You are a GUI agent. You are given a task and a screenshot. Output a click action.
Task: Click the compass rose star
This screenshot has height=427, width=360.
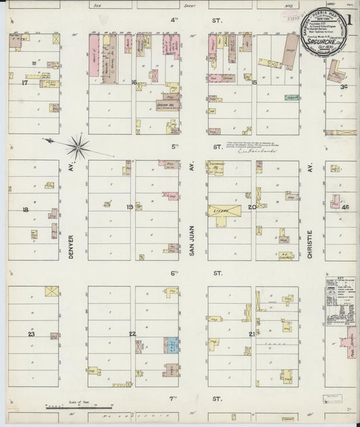79,143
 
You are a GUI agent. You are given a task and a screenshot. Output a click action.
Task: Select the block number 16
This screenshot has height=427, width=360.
134,82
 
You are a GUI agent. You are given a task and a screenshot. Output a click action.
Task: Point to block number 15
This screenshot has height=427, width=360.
254,82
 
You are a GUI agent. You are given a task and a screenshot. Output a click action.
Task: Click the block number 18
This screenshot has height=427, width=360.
25,210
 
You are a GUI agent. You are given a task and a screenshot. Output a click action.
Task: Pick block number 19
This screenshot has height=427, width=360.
130,207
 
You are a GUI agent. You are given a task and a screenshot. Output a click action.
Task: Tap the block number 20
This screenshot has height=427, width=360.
251,207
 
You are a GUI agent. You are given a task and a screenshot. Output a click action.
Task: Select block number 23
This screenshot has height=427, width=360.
30,334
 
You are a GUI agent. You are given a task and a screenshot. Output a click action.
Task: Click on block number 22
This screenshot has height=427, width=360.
132,334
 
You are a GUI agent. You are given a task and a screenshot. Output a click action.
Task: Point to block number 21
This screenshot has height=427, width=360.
252,334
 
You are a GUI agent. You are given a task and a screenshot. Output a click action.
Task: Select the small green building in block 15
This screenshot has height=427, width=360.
292,98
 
